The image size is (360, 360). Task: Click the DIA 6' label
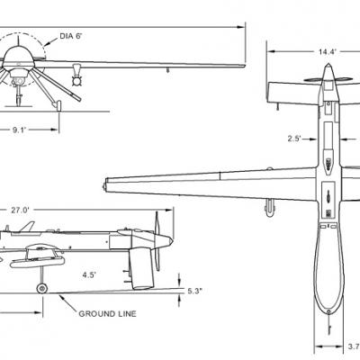71,36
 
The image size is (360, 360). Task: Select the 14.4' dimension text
328,52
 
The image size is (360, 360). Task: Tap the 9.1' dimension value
20,130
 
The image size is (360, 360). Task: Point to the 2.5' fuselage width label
294,139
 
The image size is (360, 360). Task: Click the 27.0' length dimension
21,211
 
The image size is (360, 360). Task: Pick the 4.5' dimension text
89,274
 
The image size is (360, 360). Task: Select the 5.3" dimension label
195,291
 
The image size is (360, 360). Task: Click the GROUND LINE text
107,314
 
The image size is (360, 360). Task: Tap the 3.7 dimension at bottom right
354,346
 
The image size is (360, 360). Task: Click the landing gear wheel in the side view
41,289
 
